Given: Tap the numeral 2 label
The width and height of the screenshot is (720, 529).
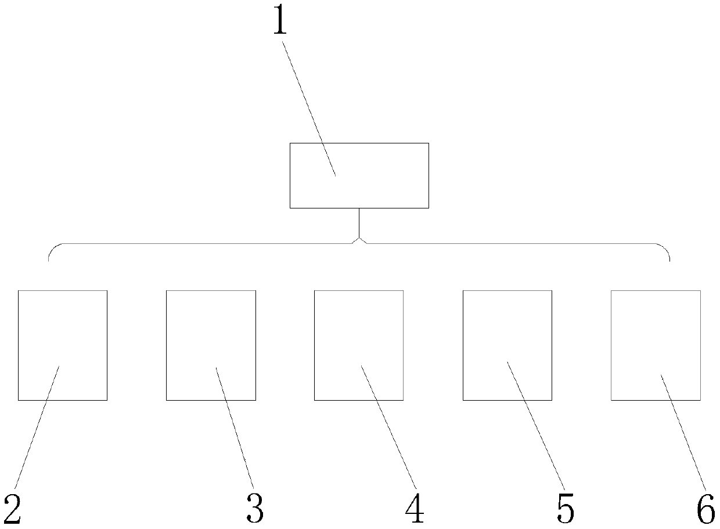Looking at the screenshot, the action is click(13, 509).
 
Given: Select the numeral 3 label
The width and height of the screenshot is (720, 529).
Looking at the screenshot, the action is click(254, 509).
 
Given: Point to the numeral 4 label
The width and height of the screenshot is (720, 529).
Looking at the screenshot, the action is click(415, 509).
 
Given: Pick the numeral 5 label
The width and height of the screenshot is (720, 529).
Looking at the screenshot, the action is click(564, 509).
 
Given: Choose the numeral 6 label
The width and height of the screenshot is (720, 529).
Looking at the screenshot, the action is click(705, 509).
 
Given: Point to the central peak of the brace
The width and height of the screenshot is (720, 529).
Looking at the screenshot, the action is click(359, 238).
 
